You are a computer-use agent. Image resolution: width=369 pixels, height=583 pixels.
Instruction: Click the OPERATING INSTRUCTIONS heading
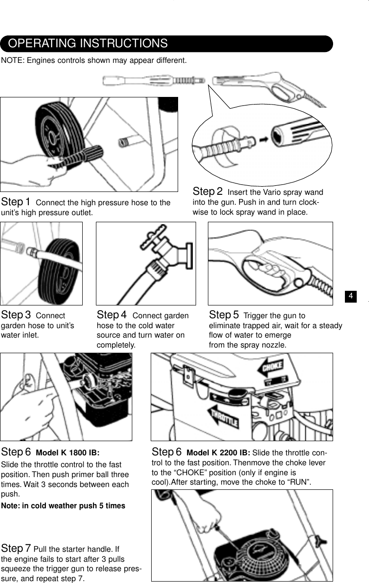(88, 44)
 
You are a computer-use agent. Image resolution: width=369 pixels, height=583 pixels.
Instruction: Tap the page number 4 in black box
(351, 296)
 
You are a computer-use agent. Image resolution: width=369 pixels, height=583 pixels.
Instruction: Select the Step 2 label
(208, 191)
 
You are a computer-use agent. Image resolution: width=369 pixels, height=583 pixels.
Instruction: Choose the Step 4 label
(112, 315)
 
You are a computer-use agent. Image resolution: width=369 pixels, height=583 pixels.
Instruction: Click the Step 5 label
(224, 315)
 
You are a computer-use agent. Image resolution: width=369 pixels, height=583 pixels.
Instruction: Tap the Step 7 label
(17, 548)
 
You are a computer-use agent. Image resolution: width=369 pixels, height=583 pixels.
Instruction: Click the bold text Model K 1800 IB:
(68, 452)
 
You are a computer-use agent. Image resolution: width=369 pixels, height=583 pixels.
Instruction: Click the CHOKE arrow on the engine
(270, 367)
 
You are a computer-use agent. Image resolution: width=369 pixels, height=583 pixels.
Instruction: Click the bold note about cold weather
(63, 506)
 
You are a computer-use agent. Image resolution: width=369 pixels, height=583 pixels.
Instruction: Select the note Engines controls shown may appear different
(94, 61)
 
